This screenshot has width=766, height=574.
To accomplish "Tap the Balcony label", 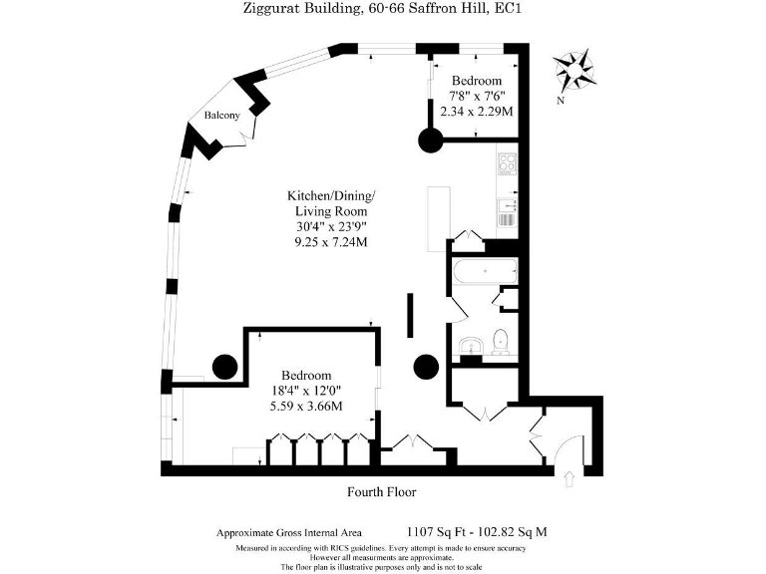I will click(221, 116).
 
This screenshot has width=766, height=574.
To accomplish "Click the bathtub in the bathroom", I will click(483, 271).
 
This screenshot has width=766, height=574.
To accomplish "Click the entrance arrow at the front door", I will click(570, 479).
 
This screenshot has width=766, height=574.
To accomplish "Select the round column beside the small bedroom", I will click(430, 141).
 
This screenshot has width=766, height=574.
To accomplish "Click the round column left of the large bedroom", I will click(224, 367).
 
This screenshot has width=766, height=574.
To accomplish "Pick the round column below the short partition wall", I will click(426, 366).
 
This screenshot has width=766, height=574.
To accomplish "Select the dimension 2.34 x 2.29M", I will click(477, 112).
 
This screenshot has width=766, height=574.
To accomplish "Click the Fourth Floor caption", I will click(381, 491).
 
